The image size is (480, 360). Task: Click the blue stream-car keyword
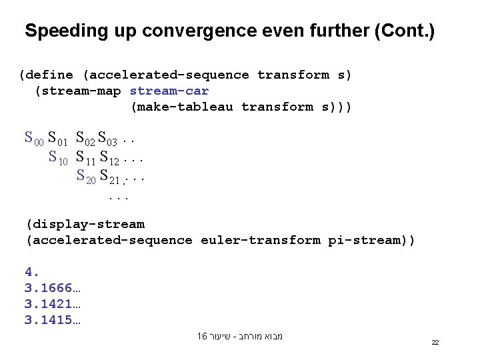coord(169,91)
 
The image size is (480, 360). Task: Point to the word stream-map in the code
coord(81,91)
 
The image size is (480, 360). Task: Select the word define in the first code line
coord(50,75)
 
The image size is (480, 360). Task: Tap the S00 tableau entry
coord(34,139)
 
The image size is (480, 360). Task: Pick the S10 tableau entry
coord(59,158)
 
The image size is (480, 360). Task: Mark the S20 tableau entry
coord(86,177)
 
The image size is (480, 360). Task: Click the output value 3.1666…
coord(53,288)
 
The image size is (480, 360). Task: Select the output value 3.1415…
coord(53,320)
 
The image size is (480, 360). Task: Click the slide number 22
coord(435,342)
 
